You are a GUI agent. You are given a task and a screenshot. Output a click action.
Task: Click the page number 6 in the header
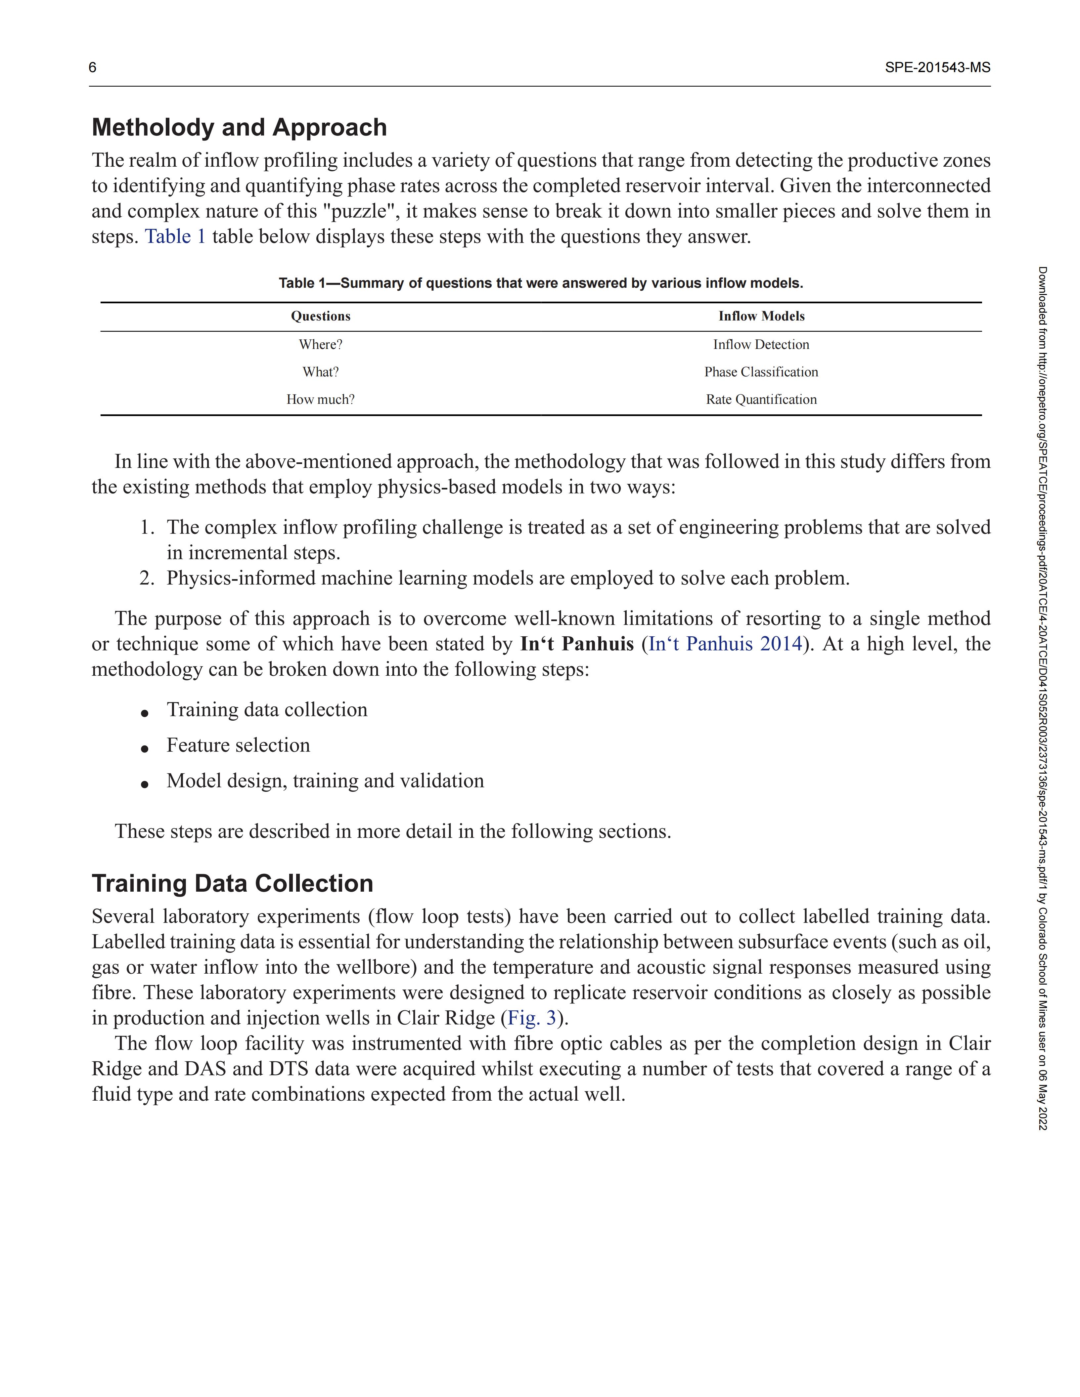point(93,68)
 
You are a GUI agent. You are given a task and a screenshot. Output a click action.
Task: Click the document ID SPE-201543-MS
point(937,68)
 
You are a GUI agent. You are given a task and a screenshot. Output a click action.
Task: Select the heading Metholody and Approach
point(239,127)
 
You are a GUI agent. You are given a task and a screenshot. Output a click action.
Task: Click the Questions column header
point(321,316)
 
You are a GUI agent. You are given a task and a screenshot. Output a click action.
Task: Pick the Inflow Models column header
point(761,316)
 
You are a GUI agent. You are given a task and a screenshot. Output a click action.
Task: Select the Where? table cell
point(321,345)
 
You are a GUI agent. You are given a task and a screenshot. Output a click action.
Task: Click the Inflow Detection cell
point(761,345)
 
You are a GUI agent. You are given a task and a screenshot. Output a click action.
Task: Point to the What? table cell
point(321,372)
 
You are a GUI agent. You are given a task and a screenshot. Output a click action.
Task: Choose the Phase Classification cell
point(761,372)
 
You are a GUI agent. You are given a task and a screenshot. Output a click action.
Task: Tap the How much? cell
point(321,400)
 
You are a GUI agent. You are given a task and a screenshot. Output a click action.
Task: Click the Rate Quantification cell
point(761,400)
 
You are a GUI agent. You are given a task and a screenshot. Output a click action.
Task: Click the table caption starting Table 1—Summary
point(541,283)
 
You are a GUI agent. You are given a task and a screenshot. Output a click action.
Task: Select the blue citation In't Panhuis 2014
point(725,644)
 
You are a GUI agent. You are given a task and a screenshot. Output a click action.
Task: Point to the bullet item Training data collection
point(267,710)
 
